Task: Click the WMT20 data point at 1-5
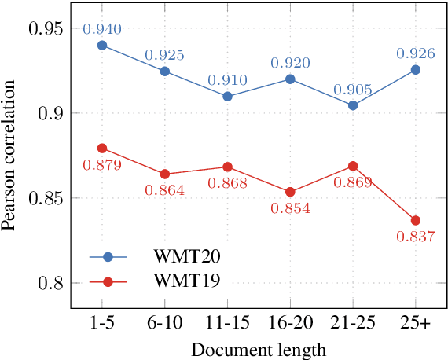coord(102,46)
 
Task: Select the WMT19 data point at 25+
coord(415,220)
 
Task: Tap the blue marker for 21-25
coord(353,105)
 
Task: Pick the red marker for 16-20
coord(290,192)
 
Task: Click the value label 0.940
coord(102,30)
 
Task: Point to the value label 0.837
coord(416,237)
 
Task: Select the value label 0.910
coord(228,80)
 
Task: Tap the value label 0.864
coord(165,190)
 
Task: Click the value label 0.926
coord(416,54)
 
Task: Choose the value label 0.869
coord(353,182)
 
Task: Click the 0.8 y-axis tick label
coord(51,283)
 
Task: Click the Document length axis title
coord(259,348)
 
